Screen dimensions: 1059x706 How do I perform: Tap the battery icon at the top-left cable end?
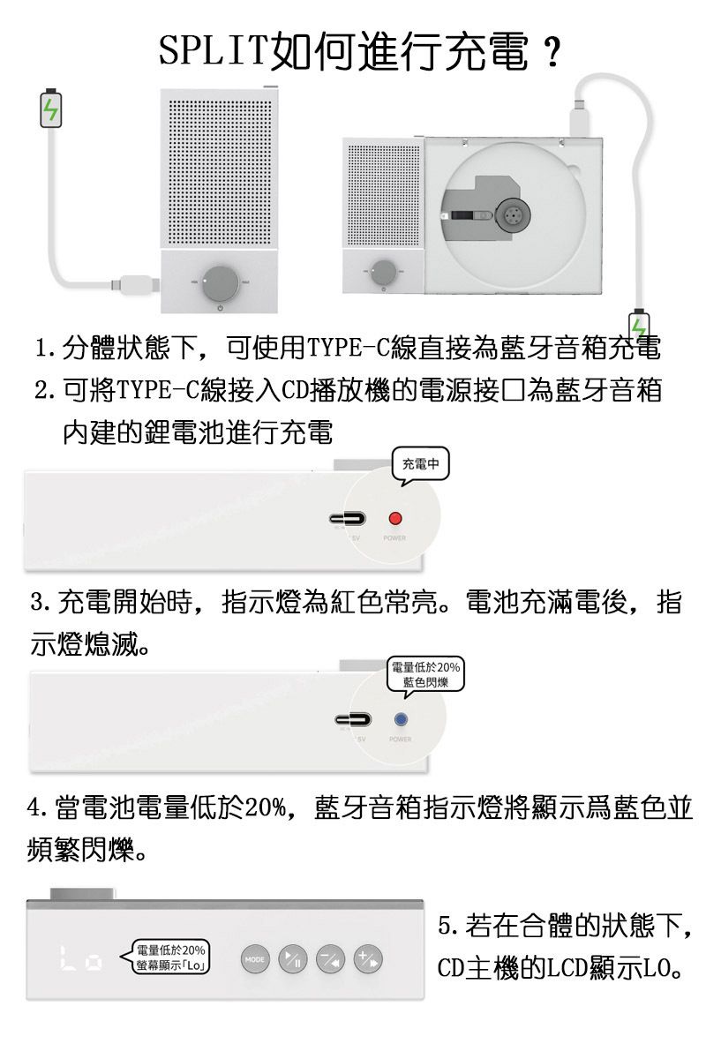[52, 108]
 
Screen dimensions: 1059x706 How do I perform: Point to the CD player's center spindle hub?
[511, 214]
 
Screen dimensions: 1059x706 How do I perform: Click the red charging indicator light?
[395, 518]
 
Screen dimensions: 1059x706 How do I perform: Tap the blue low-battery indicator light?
[400, 719]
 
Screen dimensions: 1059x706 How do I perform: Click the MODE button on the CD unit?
[255, 959]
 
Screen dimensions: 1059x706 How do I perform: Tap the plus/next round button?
[367, 959]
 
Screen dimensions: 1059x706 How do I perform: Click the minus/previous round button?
[329, 959]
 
